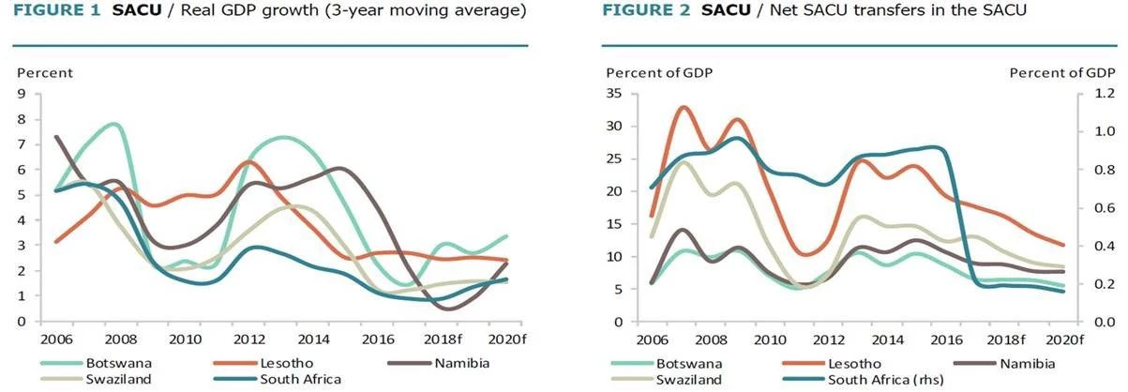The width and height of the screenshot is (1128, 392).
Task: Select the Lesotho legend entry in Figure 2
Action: [858, 363]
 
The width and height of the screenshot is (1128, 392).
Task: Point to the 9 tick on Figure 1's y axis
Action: [23, 93]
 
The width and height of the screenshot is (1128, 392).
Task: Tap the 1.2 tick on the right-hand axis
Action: [1098, 94]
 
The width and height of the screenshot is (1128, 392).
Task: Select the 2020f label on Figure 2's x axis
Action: [1065, 338]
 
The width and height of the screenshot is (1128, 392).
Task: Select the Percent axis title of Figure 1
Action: [44, 73]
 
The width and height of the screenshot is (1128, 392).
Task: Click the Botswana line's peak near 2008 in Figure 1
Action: [113, 124]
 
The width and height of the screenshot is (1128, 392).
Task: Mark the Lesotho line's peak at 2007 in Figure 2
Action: [684, 108]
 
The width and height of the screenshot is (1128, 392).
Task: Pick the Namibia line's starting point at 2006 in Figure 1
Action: [56, 137]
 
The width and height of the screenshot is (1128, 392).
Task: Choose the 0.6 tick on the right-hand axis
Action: [1098, 208]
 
